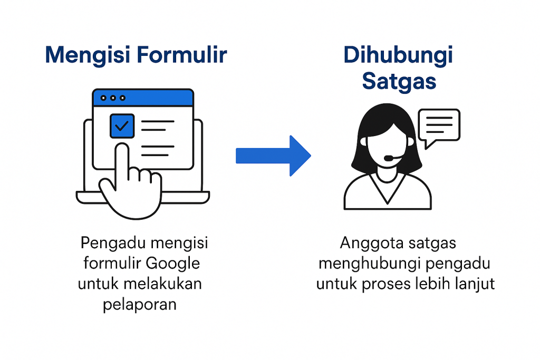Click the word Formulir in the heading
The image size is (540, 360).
tap(182, 54)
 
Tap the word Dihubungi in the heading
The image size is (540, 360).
tap(398, 55)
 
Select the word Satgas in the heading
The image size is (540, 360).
tap(399, 82)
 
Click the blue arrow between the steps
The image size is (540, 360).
tap(273, 155)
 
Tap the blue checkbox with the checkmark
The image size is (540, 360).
tap(122, 126)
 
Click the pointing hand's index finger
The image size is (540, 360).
tap(122, 162)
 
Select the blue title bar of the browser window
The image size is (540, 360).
tap(143, 98)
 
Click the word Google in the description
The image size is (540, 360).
tap(172, 264)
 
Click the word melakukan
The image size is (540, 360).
tap(162, 284)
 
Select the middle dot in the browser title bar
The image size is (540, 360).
tap(113, 98)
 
